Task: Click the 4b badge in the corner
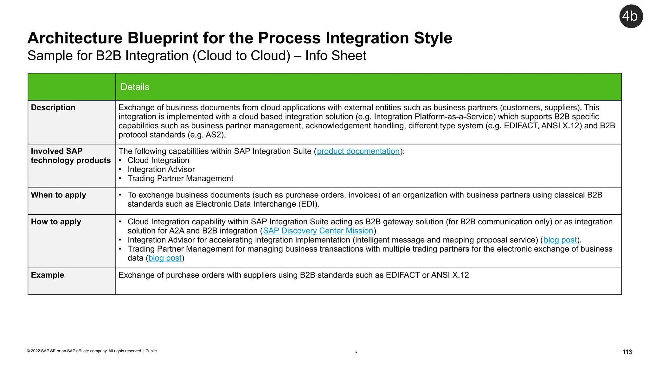[x=631, y=16]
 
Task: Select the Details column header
[x=135, y=87]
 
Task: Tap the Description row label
[x=53, y=107]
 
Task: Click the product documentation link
[x=358, y=151]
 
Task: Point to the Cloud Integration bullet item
[x=158, y=160]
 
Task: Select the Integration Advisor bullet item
[x=161, y=170]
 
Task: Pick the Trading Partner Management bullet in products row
[x=180, y=178]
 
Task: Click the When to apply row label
[x=58, y=195]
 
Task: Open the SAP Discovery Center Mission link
[x=318, y=231]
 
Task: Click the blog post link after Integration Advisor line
[x=560, y=240]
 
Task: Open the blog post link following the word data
[x=165, y=258]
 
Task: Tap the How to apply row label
[x=56, y=221]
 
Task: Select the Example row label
[x=47, y=275]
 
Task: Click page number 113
[x=627, y=352]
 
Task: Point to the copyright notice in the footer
[x=92, y=351]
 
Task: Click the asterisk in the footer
[x=356, y=353]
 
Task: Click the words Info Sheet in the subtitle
[x=336, y=56]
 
